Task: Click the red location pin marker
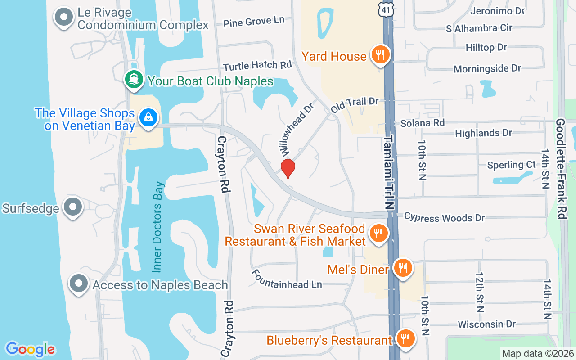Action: (x=288, y=168)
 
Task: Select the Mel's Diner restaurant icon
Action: (x=402, y=269)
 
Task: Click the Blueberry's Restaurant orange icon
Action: (x=406, y=339)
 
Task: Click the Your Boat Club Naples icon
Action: (x=134, y=80)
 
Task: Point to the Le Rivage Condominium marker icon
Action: (x=64, y=18)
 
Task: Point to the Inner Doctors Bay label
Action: (x=157, y=227)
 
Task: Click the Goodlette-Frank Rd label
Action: (x=561, y=169)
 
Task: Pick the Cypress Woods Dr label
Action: (x=444, y=217)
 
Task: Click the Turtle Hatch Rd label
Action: (x=257, y=66)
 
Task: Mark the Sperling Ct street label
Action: (x=512, y=165)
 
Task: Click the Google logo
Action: (x=30, y=349)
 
